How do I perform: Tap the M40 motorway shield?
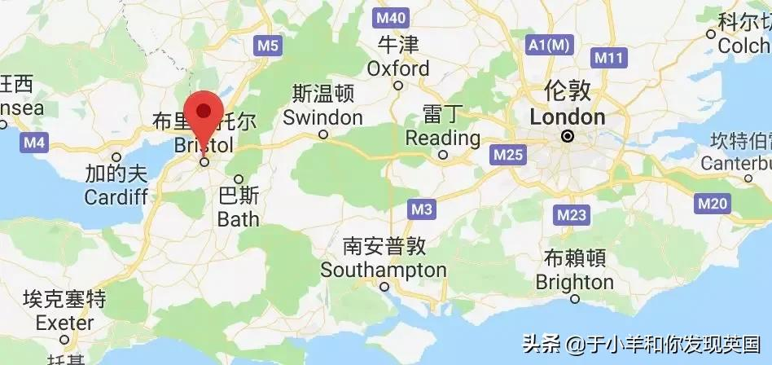tap(390, 17)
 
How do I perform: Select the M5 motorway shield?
tap(268, 46)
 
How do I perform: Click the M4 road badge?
tap(34, 143)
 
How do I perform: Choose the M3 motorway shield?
tap(421, 210)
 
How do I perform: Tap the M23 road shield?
tap(572, 215)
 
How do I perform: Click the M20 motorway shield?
tap(713, 204)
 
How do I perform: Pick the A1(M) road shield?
tap(546, 46)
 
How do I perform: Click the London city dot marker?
tap(568, 137)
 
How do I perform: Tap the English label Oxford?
tap(398, 68)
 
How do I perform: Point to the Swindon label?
tap(322, 118)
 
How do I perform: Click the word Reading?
tap(442, 137)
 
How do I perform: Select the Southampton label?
tap(384, 270)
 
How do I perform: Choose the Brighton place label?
tap(574, 282)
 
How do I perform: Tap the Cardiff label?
tap(116, 197)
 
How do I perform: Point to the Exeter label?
tap(65, 323)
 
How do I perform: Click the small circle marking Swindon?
tap(323, 134)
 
